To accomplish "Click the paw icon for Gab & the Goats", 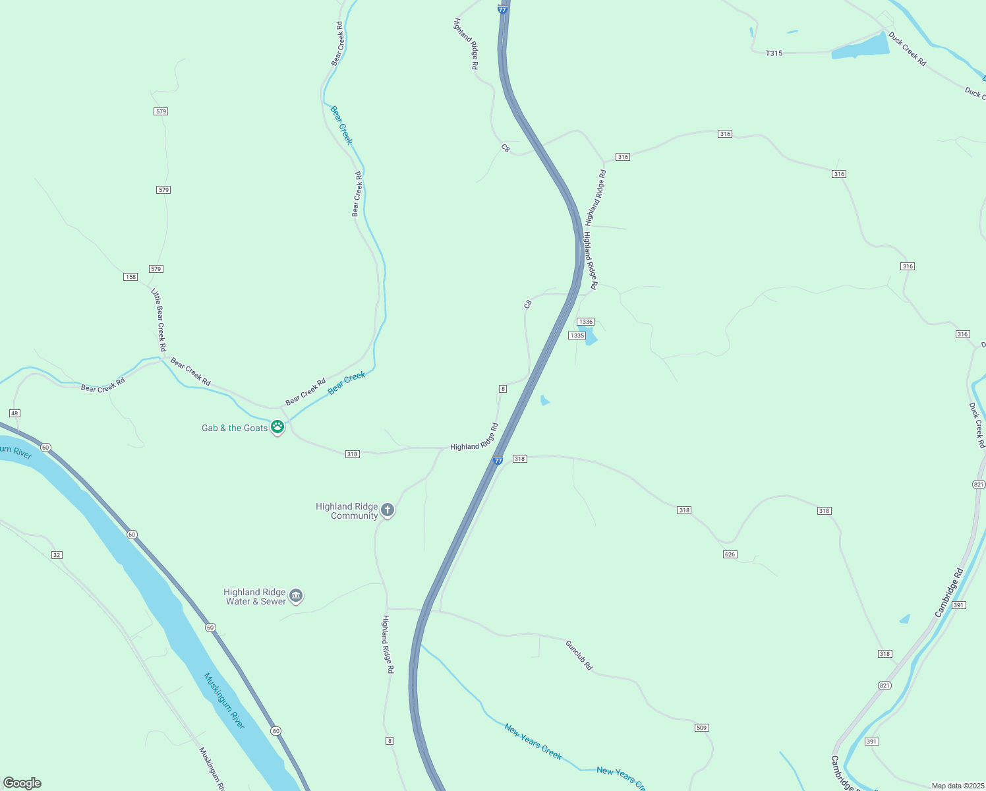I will (x=277, y=427).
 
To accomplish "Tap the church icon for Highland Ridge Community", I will (x=388, y=510).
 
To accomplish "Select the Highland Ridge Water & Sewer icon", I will (x=296, y=596).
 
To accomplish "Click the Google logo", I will (x=22, y=783).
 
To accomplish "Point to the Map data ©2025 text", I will (x=956, y=786).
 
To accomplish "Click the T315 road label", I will (x=774, y=53).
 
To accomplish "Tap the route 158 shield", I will (x=130, y=276).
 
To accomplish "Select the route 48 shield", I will (x=14, y=413).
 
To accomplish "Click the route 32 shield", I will (x=57, y=555).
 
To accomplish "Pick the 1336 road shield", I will (x=585, y=322).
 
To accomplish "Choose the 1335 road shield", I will (x=577, y=336).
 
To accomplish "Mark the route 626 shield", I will (x=730, y=554).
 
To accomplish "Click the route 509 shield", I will (x=701, y=728).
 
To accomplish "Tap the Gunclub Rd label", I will (x=579, y=655).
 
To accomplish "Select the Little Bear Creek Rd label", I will (x=159, y=320).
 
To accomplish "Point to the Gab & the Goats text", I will (x=235, y=428).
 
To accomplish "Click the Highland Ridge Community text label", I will (x=347, y=511).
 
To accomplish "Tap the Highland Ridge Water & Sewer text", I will (x=255, y=597).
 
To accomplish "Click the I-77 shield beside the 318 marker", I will (x=498, y=460).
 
